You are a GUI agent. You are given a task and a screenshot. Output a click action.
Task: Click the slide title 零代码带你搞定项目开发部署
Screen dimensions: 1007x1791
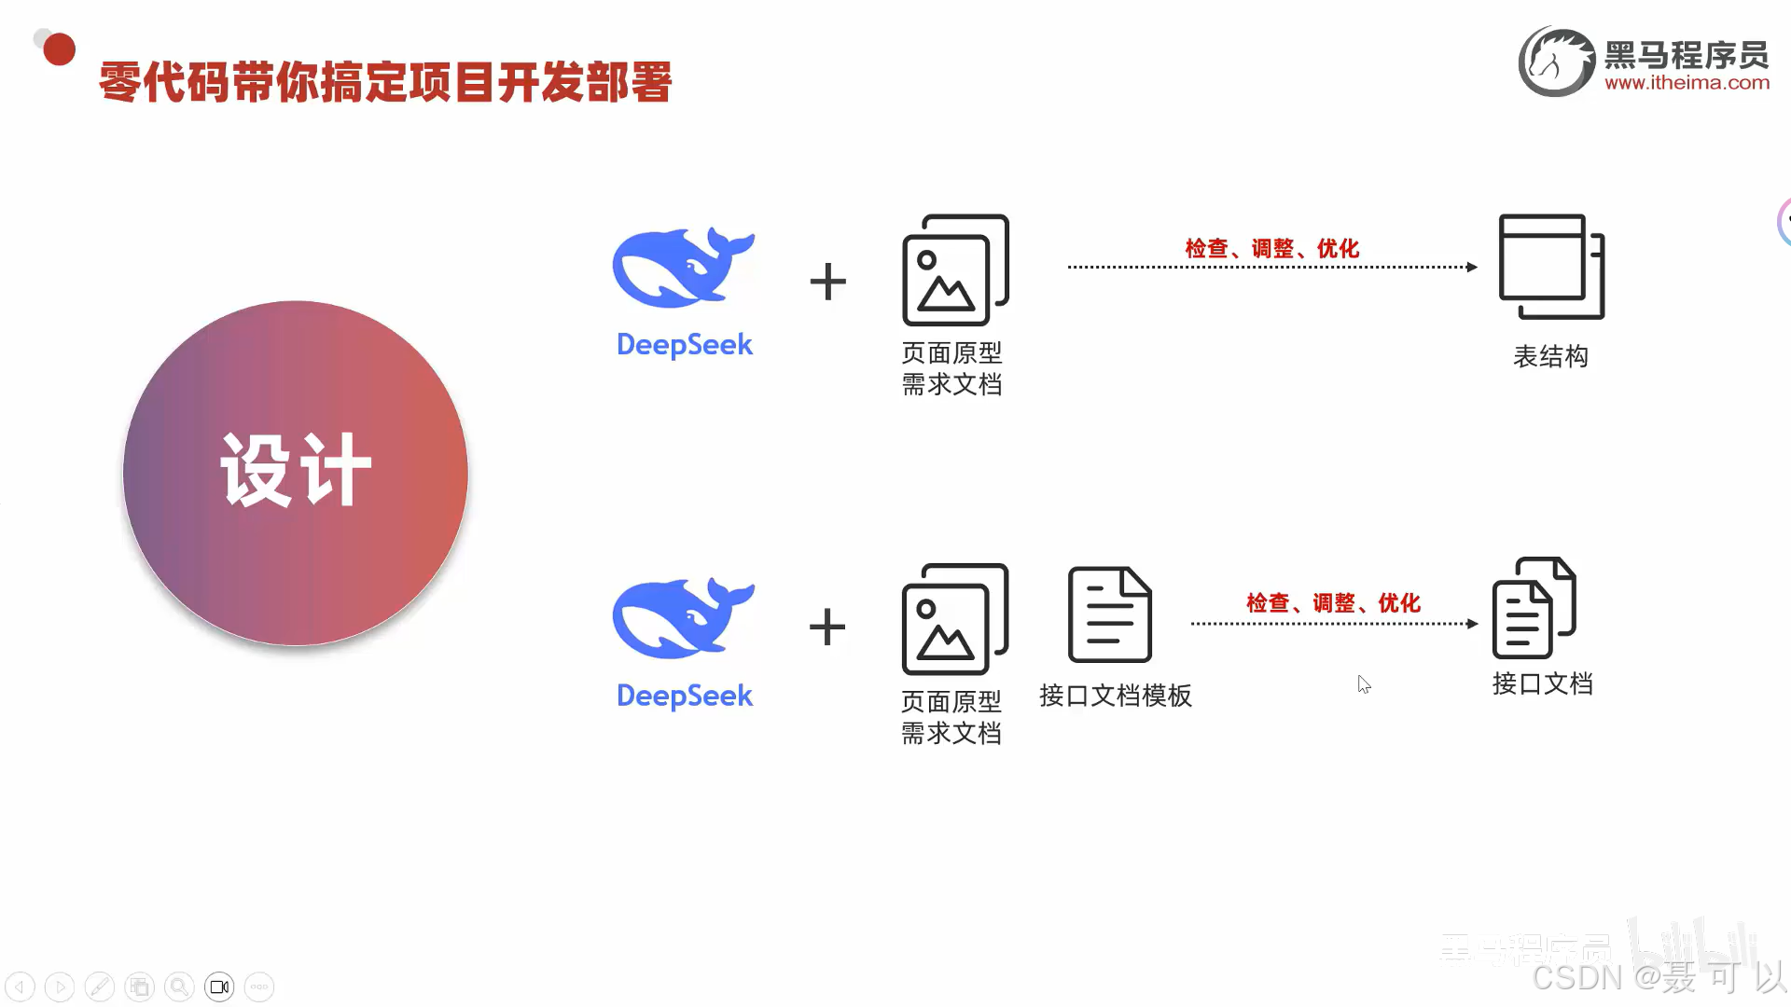coord(384,82)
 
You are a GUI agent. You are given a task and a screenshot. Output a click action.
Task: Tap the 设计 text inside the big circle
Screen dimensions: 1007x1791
coord(296,471)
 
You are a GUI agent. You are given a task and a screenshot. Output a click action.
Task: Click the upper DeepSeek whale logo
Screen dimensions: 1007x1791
coord(683,269)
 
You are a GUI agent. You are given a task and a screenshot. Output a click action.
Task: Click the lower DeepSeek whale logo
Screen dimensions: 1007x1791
coord(683,618)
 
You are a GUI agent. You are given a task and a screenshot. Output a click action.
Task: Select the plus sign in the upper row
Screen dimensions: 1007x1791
coord(827,282)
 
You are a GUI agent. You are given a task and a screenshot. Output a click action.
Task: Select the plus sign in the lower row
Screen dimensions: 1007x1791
coord(827,627)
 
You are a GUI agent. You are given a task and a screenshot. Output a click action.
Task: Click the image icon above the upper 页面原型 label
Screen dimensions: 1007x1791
coord(954,270)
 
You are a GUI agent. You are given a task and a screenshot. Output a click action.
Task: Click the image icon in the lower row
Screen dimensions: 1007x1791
coord(954,619)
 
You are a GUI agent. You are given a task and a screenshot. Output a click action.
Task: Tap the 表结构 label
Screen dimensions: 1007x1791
coord(1550,356)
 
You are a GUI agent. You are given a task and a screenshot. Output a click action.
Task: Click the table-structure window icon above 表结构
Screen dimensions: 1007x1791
coord(1550,268)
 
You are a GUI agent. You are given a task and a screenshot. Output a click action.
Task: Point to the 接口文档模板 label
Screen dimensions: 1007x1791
coord(1116,696)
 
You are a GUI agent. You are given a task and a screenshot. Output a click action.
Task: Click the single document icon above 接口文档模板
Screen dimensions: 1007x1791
coord(1109,614)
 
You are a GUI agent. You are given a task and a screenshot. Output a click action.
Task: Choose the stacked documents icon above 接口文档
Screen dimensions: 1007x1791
coord(1534,608)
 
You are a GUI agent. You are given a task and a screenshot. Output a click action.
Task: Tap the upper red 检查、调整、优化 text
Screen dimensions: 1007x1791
coord(1272,249)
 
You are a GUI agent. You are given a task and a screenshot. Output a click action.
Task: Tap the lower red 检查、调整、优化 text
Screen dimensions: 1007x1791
coord(1334,603)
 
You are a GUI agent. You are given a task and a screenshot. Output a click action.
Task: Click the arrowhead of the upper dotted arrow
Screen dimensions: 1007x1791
coord(1472,268)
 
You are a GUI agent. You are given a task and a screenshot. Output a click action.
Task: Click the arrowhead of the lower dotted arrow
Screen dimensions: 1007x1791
coord(1472,624)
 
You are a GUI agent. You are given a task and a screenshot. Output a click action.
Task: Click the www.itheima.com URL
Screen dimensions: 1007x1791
coord(1687,83)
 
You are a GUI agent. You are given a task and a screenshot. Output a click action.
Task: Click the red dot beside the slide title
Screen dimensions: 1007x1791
coord(59,49)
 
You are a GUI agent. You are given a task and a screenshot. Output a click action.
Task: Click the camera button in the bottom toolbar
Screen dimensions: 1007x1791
coord(219,986)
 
